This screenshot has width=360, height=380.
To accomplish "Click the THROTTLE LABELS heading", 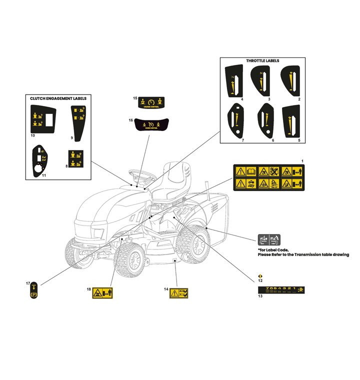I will [262, 61].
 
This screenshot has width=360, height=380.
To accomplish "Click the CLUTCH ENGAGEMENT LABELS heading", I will [58, 99].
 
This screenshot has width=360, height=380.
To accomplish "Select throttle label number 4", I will [235, 80].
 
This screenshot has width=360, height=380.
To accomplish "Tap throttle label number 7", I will [235, 119].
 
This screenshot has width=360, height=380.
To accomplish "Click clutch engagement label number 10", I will [42, 117].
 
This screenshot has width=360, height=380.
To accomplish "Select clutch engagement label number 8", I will [75, 157].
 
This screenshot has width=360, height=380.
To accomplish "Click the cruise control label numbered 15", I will [150, 101].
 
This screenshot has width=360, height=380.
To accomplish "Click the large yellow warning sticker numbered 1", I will [268, 177].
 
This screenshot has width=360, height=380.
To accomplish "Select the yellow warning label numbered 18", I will [103, 293].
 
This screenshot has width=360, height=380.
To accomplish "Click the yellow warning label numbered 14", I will [179, 293].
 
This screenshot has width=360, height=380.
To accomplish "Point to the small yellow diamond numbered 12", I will [259, 276].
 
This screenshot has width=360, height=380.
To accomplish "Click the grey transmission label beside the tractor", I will [269, 239].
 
